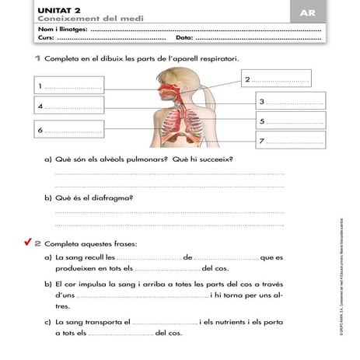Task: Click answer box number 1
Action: point(69,85)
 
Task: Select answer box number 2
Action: point(276,80)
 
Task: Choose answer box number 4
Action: point(69,105)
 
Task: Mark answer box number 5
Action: point(288,121)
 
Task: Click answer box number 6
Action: point(69,130)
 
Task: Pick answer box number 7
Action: point(288,141)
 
